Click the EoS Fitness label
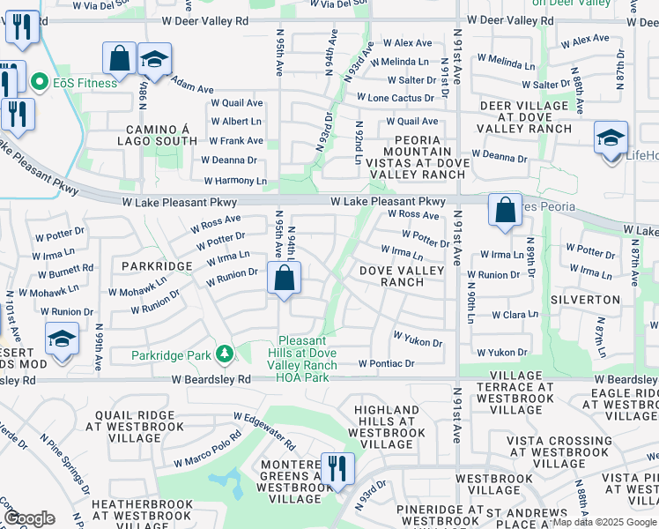click(x=85, y=83)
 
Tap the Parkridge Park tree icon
click(x=225, y=354)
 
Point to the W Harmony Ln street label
click(x=235, y=181)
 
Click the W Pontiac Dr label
click(x=386, y=363)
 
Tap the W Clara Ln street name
click(x=515, y=315)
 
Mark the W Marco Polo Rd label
click(x=207, y=449)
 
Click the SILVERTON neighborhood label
click(x=585, y=300)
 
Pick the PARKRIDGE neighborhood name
click(x=157, y=265)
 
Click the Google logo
click(x=29, y=518)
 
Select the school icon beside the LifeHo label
click(x=611, y=138)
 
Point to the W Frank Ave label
click(x=235, y=141)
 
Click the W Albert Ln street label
click(x=235, y=122)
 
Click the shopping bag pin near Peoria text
click(x=505, y=212)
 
